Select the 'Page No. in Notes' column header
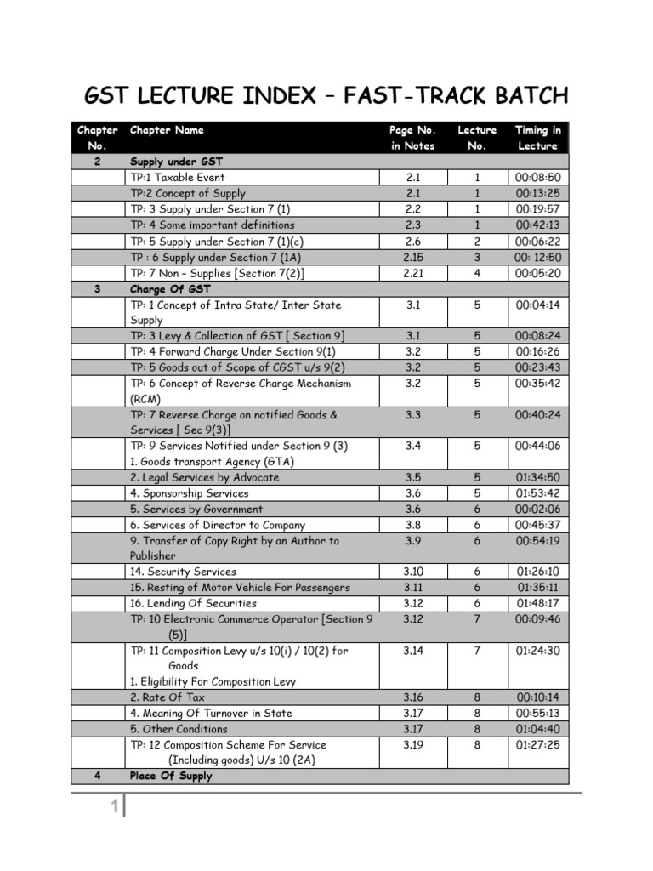pyautogui.click(x=412, y=138)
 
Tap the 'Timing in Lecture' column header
pyautogui.click(x=537, y=138)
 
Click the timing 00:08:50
pyautogui.click(x=538, y=178)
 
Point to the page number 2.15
pyautogui.click(x=412, y=258)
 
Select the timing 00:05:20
pyautogui.click(x=538, y=274)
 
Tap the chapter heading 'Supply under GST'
pyautogui.click(x=176, y=162)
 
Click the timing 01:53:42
pyautogui.click(x=538, y=493)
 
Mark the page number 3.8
pyautogui.click(x=412, y=525)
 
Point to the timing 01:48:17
pyautogui.click(x=538, y=603)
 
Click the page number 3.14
pyautogui.click(x=412, y=651)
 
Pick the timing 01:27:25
pyautogui.click(x=538, y=745)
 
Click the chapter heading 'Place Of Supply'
pyautogui.click(x=171, y=776)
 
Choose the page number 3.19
pyautogui.click(x=412, y=745)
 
